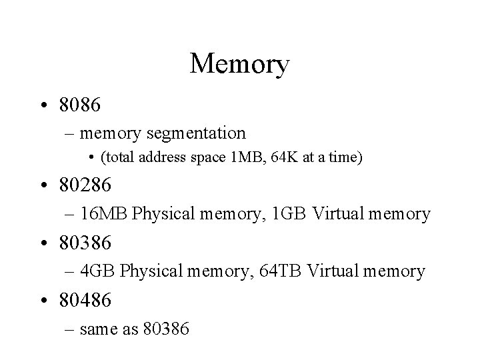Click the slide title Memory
click(239, 65)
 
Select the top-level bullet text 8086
click(81, 105)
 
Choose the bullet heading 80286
click(86, 185)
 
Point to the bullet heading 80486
click(86, 300)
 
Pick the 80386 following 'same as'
click(167, 329)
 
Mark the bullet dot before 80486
click(45, 301)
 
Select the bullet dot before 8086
click(45, 105)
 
